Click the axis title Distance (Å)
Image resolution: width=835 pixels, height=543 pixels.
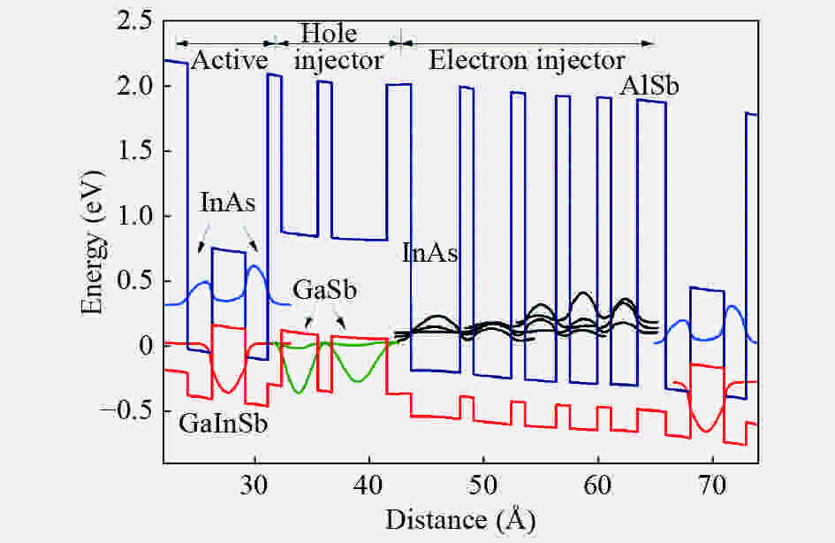click(460, 516)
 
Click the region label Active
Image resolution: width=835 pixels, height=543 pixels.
click(229, 60)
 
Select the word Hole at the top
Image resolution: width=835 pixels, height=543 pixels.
click(330, 35)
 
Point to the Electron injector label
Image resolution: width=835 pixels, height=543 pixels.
click(526, 60)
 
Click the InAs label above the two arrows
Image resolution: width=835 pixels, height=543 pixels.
click(228, 203)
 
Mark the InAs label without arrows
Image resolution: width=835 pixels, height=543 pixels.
click(430, 254)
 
